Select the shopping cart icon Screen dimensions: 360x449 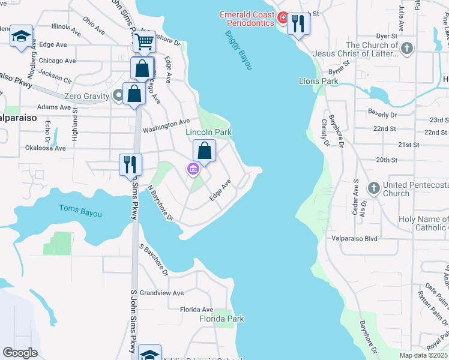pos(144,41)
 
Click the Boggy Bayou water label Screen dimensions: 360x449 pos(238,50)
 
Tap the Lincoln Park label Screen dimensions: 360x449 pos(208,132)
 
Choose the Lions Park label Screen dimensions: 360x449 pos(319,81)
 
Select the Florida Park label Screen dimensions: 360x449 pos(221,319)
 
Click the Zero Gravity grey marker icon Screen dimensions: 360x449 pos(119,95)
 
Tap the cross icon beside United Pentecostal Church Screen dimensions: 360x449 pos(373,188)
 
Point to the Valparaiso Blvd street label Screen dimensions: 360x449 pos(354,238)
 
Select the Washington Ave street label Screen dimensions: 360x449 pos(166,126)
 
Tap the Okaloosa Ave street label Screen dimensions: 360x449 pos(45,148)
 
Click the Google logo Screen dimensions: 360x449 pos(20,353)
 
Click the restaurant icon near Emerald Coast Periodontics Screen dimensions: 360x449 pos(298,24)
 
